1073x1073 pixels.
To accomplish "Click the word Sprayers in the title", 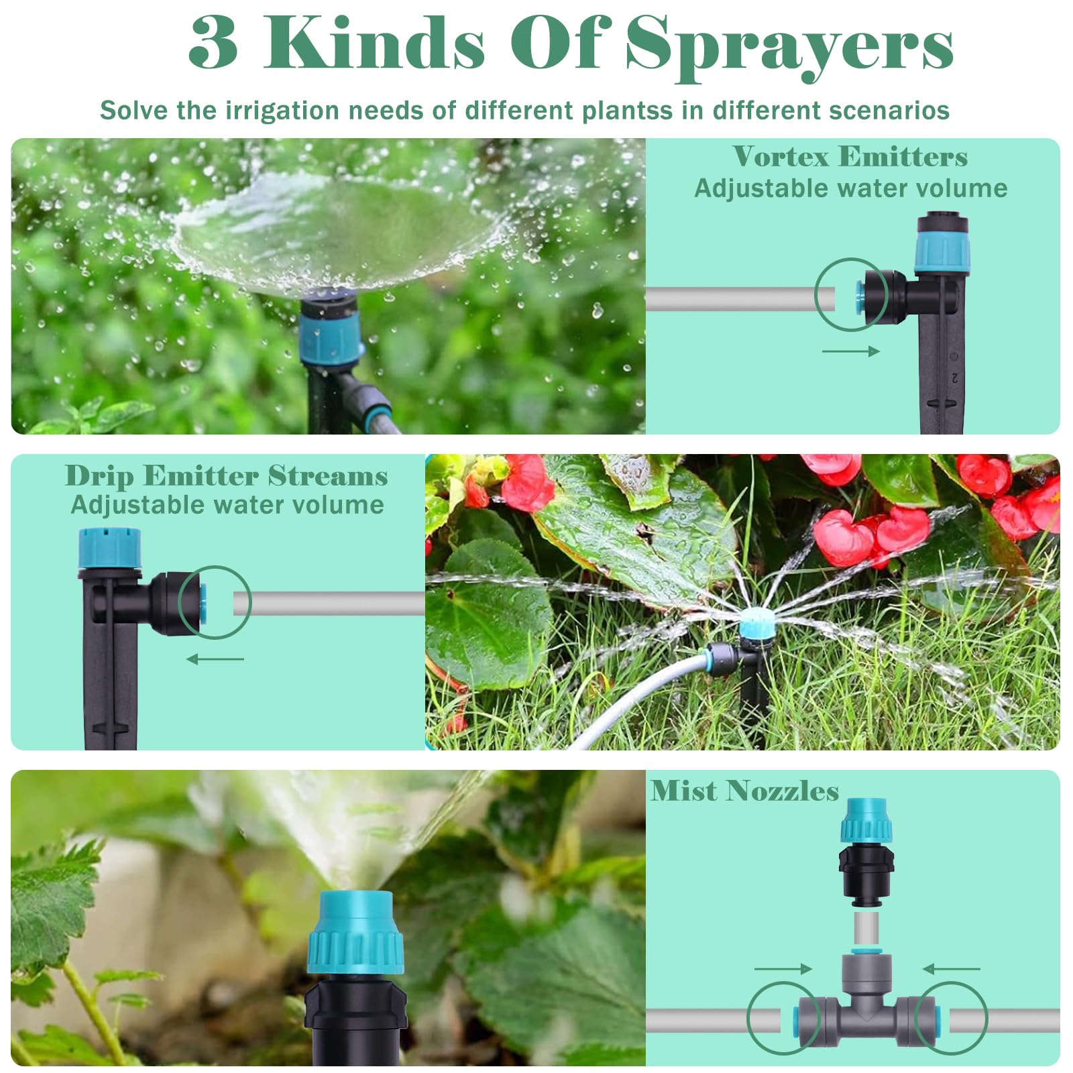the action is [789, 45].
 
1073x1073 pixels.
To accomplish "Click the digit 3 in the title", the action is [213, 42].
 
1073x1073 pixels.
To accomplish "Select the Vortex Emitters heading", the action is [850, 157].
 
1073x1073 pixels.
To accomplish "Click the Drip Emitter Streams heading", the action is [227, 475].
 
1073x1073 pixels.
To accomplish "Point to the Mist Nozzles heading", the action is [744, 791].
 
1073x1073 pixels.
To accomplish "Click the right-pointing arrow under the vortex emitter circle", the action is [850, 351].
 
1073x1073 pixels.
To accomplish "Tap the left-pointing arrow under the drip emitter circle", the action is [215, 659].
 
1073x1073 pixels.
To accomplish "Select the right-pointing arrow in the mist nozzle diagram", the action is [783, 968].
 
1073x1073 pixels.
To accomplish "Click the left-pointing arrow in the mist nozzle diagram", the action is [951, 968].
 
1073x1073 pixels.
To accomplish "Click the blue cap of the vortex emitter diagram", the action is [943, 251].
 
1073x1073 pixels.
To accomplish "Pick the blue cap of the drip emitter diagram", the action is [110, 549].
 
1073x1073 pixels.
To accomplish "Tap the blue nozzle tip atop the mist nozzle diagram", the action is [867, 820].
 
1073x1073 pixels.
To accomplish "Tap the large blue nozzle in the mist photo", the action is [355, 932].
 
